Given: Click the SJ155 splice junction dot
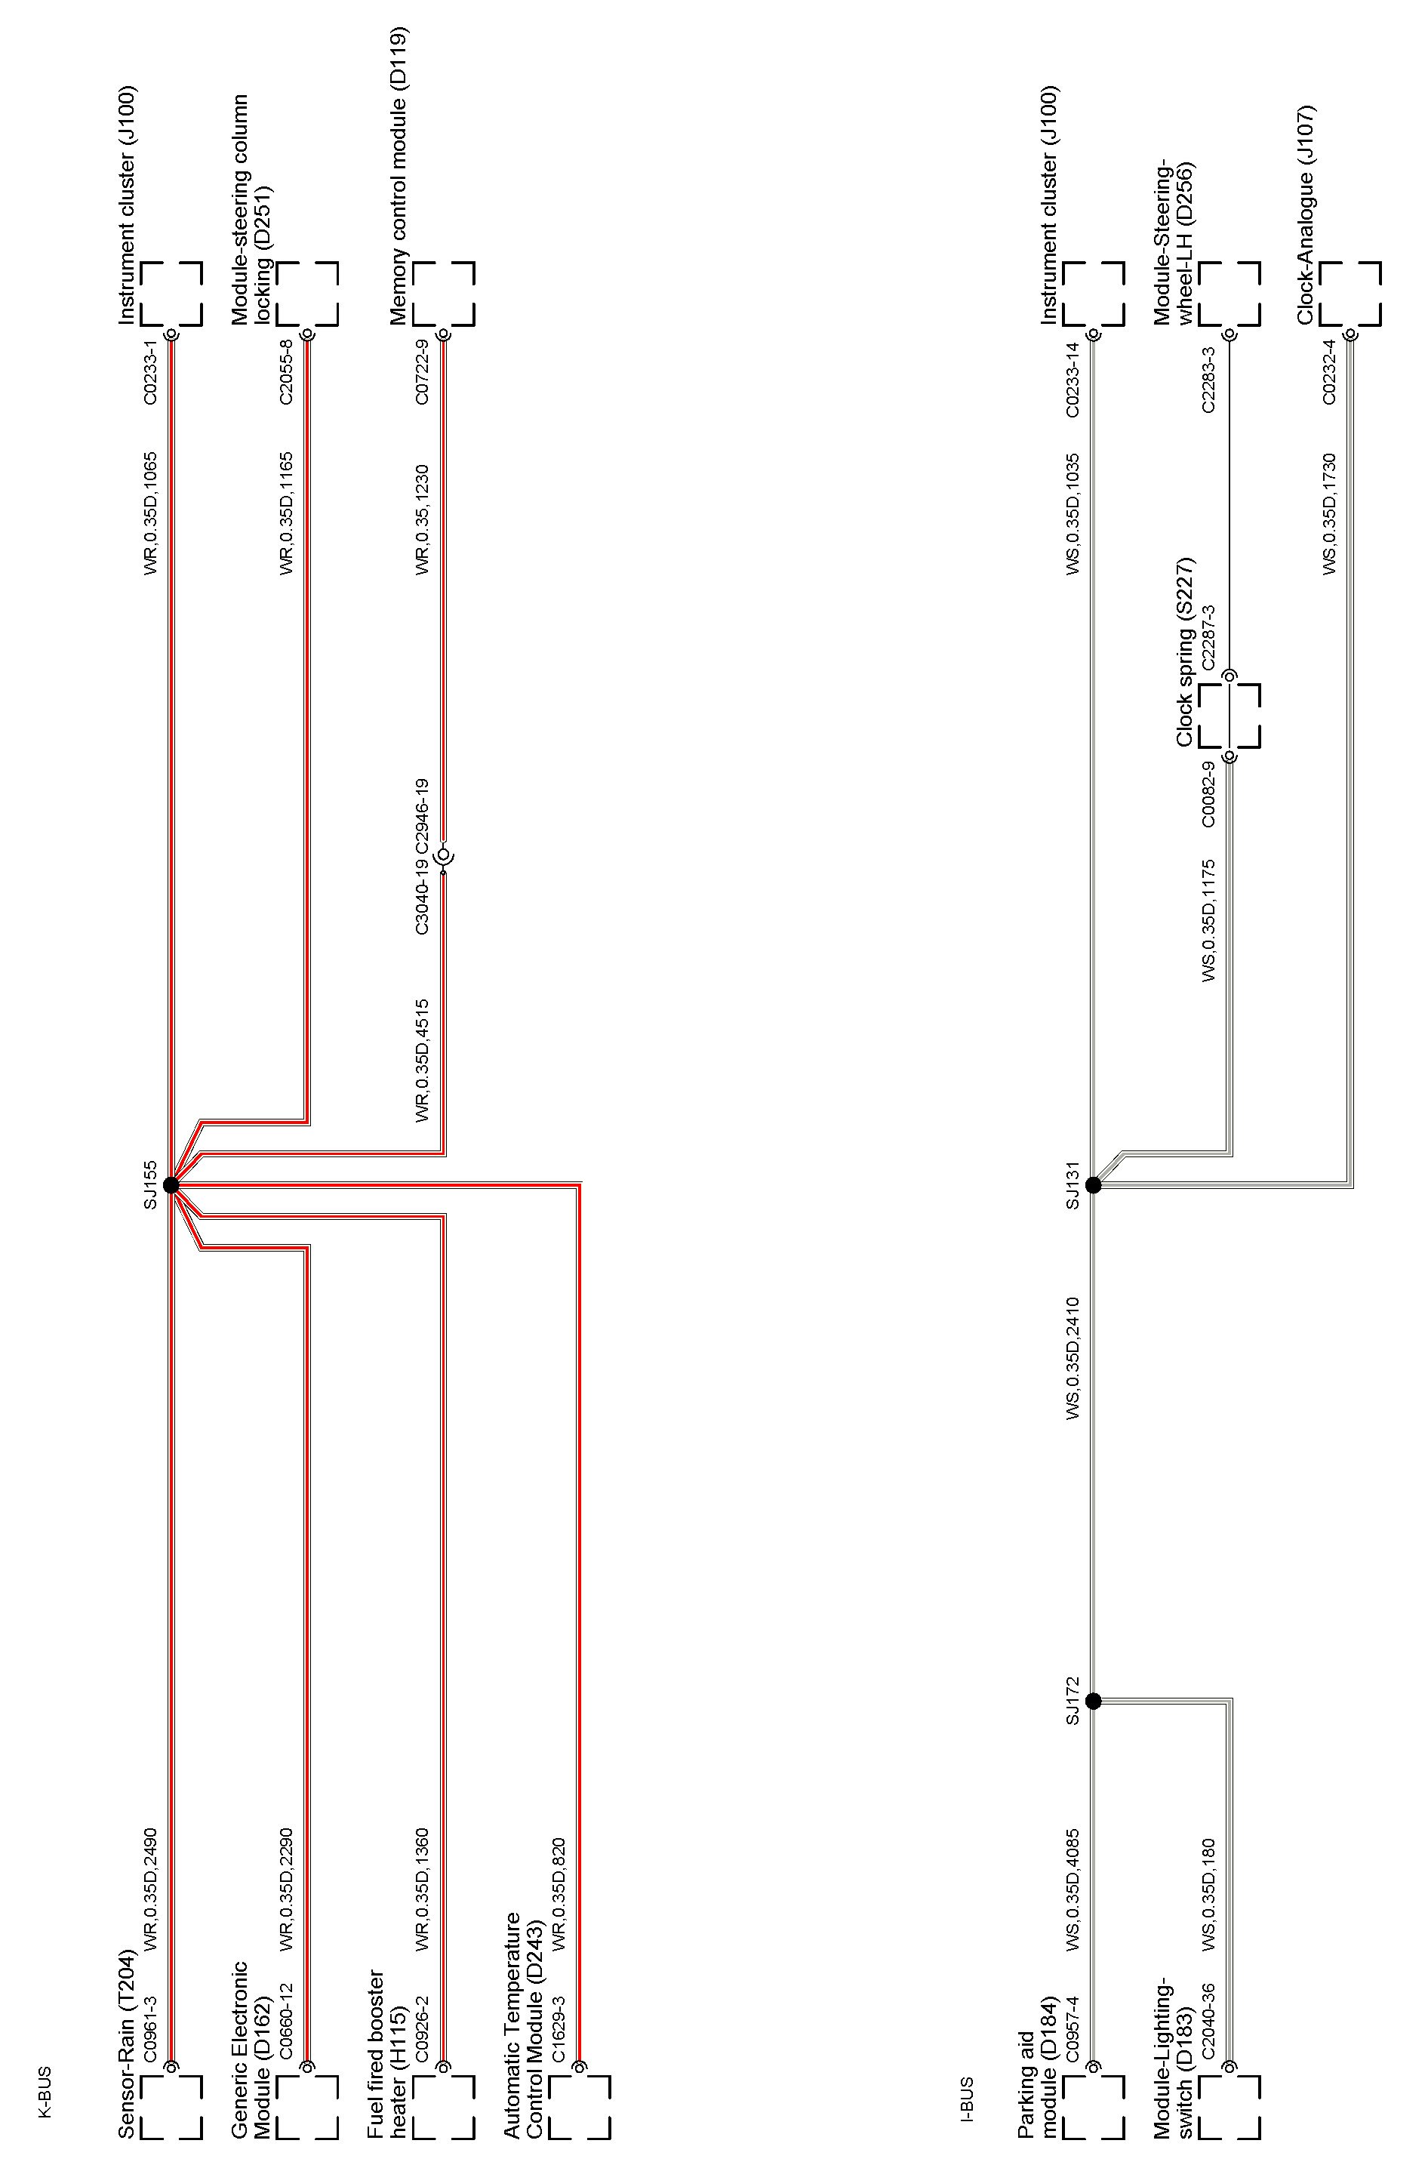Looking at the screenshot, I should pyautogui.click(x=171, y=1185).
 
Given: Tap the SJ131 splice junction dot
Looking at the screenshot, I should pyautogui.click(x=1093, y=1185).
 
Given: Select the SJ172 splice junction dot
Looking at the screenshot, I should pyautogui.click(x=1093, y=1702).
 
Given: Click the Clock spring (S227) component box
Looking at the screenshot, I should pyautogui.click(x=1229, y=716).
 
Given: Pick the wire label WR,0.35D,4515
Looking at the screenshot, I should pyautogui.click(x=423, y=1061).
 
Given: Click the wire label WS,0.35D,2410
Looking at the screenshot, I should pyautogui.click(x=1073, y=1358).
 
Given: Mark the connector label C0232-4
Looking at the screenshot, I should pyautogui.click(x=1330, y=372).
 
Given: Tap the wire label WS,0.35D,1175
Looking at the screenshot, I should pyautogui.click(x=1208, y=920).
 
